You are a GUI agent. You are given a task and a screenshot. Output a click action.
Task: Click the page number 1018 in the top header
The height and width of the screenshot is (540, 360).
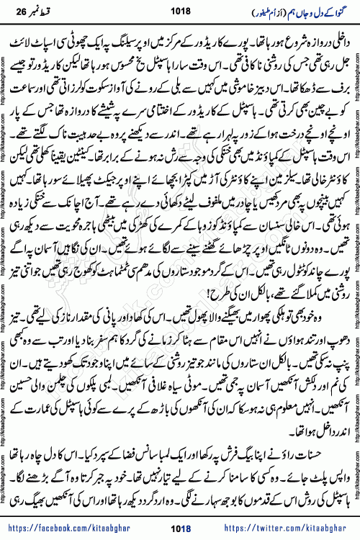(180, 11)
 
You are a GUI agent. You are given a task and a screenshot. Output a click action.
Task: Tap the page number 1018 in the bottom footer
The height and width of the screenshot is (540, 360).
(180, 529)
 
